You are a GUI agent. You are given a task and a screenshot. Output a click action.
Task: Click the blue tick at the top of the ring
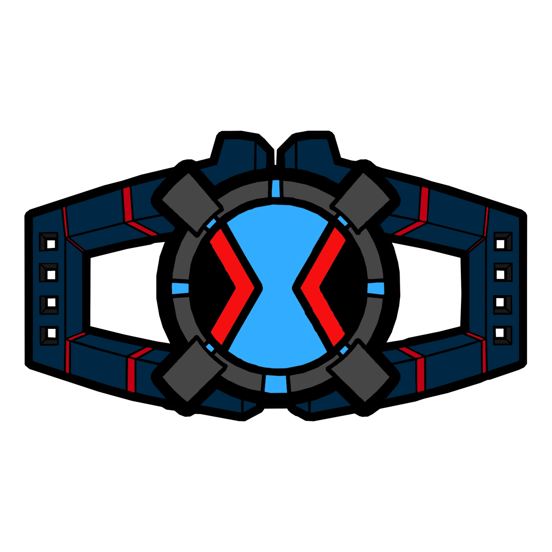tap(276, 188)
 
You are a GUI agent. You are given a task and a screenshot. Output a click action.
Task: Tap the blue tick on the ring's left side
tap(180, 288)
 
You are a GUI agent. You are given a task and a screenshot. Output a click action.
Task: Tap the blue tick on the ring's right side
tap(376, 288)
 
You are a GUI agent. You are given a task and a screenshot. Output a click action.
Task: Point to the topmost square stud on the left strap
tap(49, 241)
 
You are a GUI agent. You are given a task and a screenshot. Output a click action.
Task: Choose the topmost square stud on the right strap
tap(502, 241)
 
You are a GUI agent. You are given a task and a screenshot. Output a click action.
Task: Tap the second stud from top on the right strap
tap(502, 273)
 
